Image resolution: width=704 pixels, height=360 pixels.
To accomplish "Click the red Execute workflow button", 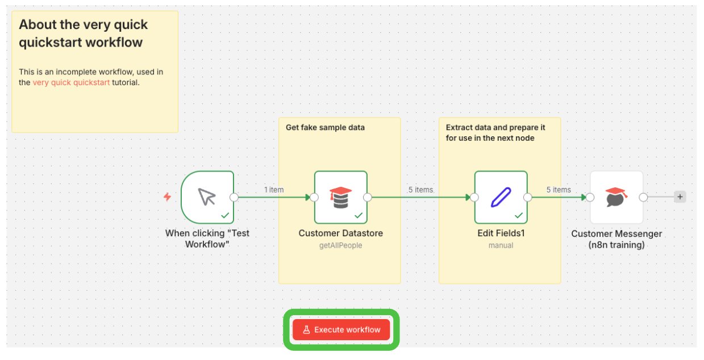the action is tap(341, 329).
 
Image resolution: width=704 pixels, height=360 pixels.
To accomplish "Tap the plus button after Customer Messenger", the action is tap(680, 197).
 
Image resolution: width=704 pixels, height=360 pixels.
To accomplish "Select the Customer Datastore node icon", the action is tap(341, 197).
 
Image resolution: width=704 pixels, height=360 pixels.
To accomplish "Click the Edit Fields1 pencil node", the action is tap(501, 197).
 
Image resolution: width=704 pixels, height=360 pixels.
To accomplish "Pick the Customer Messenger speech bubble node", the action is tap(616, 197).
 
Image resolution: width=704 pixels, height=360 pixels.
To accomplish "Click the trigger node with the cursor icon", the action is tap(207, 197).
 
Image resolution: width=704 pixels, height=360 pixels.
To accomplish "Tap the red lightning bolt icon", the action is tap(168, 197).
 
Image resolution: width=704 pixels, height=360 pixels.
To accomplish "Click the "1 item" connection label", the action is tap(274, 190).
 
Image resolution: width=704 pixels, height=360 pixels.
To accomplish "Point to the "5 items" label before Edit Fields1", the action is tap(420, 190).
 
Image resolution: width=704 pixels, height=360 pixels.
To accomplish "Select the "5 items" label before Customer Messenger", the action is tap(559, 190).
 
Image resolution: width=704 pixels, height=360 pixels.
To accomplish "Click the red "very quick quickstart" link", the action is tap(72, 82).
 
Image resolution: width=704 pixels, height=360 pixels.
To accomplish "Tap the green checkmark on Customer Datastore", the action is tap(359, 215).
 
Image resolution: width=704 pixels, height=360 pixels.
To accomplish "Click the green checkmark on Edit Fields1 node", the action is tap(519, 215).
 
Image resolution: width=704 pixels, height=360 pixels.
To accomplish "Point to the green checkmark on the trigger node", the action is tap(225, 215).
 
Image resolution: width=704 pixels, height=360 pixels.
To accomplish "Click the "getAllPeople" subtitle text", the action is tap(341, 245).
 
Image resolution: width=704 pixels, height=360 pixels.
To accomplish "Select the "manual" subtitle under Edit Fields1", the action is tap(501, 245).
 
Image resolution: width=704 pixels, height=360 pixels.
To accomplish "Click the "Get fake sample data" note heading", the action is tap(325, 127).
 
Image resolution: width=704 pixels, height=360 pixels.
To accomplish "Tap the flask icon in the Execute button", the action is tap(306, 329).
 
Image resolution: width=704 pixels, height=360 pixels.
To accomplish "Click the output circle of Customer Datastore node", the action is tap(368, 197).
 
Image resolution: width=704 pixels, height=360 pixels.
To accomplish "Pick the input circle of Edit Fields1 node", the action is tap(474, 197).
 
